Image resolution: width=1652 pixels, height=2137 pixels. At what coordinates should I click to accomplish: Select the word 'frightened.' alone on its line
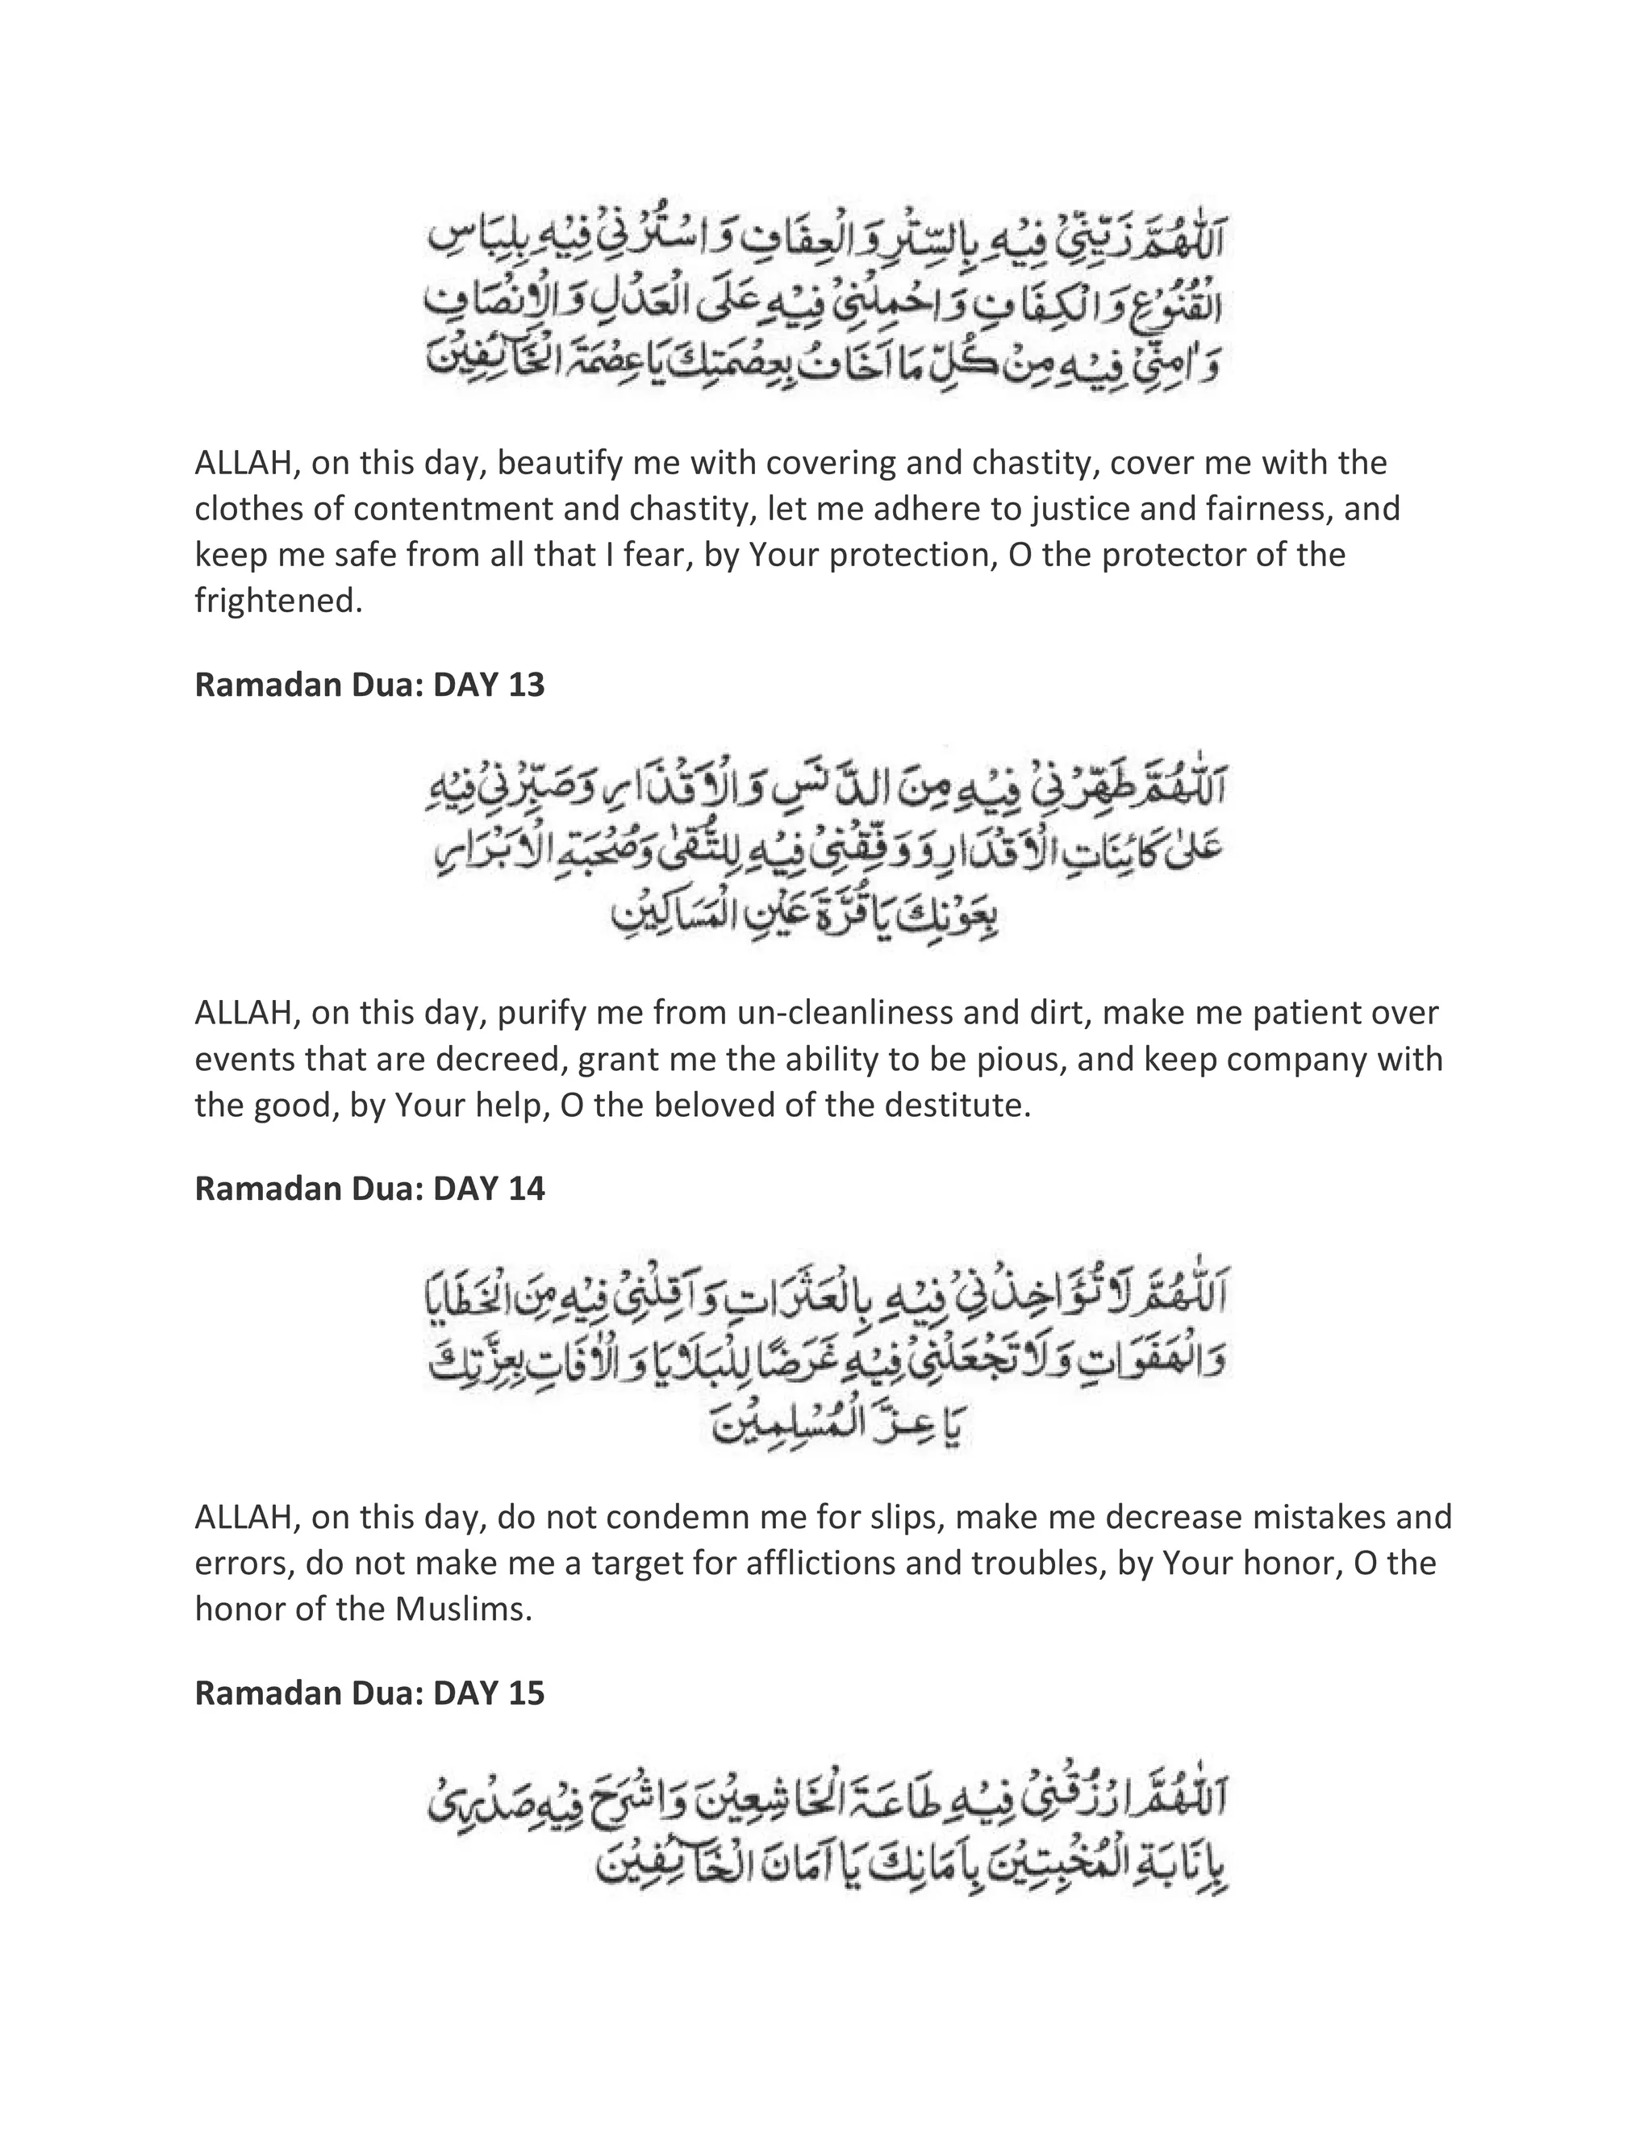point(279,601)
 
